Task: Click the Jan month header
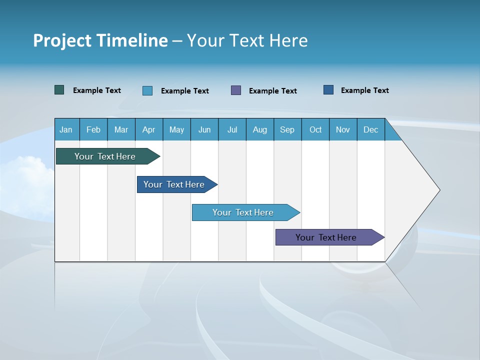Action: [x=66, y=130]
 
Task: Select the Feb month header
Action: [x=93, y=130]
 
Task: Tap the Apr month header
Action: [x=148, y=130]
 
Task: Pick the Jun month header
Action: [x=204, y=130]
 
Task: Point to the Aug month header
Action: [x=260, y=130]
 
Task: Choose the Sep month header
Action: [x=287, y=130]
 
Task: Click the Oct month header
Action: [x=315, y=130]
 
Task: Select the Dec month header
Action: [x=370, y=130]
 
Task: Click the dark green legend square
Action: [x=59, y=90]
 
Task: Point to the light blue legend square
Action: [x=147, y=90]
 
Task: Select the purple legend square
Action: [x=236, y=90]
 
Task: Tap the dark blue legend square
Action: [x=328, y=90]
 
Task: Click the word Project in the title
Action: [x=62, y=40]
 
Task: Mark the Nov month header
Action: [x=343, y=130]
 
